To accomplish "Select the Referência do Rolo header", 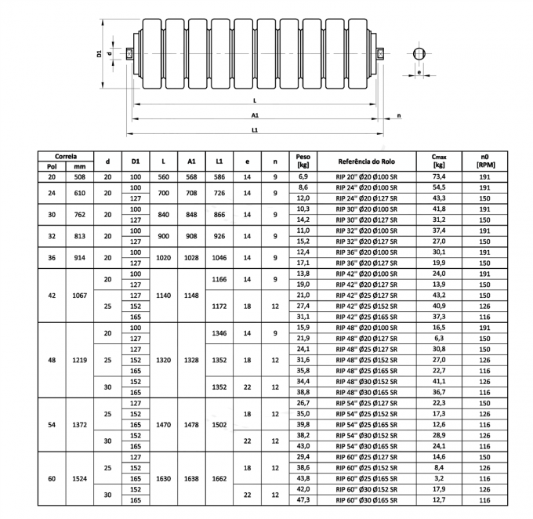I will (x=360, y=162).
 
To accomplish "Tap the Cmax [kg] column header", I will (x=439, y=162).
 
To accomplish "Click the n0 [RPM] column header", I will (x=486, y=162).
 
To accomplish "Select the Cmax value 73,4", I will (x=439, y=178).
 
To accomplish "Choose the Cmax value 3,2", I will (x=439, y=478).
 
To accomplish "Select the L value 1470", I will (x=163, y=424).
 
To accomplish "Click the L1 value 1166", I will (x=219, y=279).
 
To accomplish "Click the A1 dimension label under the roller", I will (x=257, y=114).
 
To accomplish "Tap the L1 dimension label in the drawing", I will (x=256, y=129).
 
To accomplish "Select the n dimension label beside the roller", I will (x=400, y=114).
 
